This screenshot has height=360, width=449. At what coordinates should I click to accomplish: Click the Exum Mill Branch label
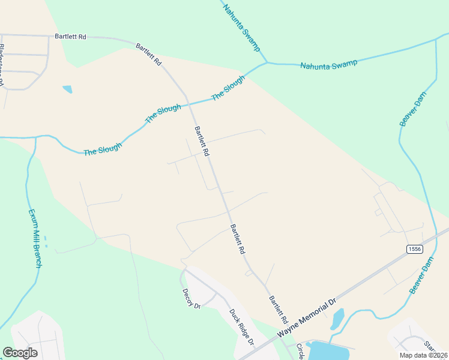point(34,238)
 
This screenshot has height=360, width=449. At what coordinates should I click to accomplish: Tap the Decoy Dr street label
point(191,298)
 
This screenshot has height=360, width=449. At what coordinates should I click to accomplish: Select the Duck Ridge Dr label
point(243,328)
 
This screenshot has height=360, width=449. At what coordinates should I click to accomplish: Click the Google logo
point(20,353)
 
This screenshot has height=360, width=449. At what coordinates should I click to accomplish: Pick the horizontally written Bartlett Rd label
point(70,37)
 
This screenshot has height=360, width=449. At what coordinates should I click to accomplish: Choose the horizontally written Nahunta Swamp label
point(328,63)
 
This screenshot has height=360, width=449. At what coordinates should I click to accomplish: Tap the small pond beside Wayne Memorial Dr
point(337,319)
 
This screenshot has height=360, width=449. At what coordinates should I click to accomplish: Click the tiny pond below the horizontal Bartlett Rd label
point(67,89)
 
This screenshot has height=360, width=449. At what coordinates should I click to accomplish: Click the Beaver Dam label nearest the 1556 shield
point(421,275)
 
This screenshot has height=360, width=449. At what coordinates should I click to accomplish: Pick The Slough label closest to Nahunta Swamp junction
point(228,87)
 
